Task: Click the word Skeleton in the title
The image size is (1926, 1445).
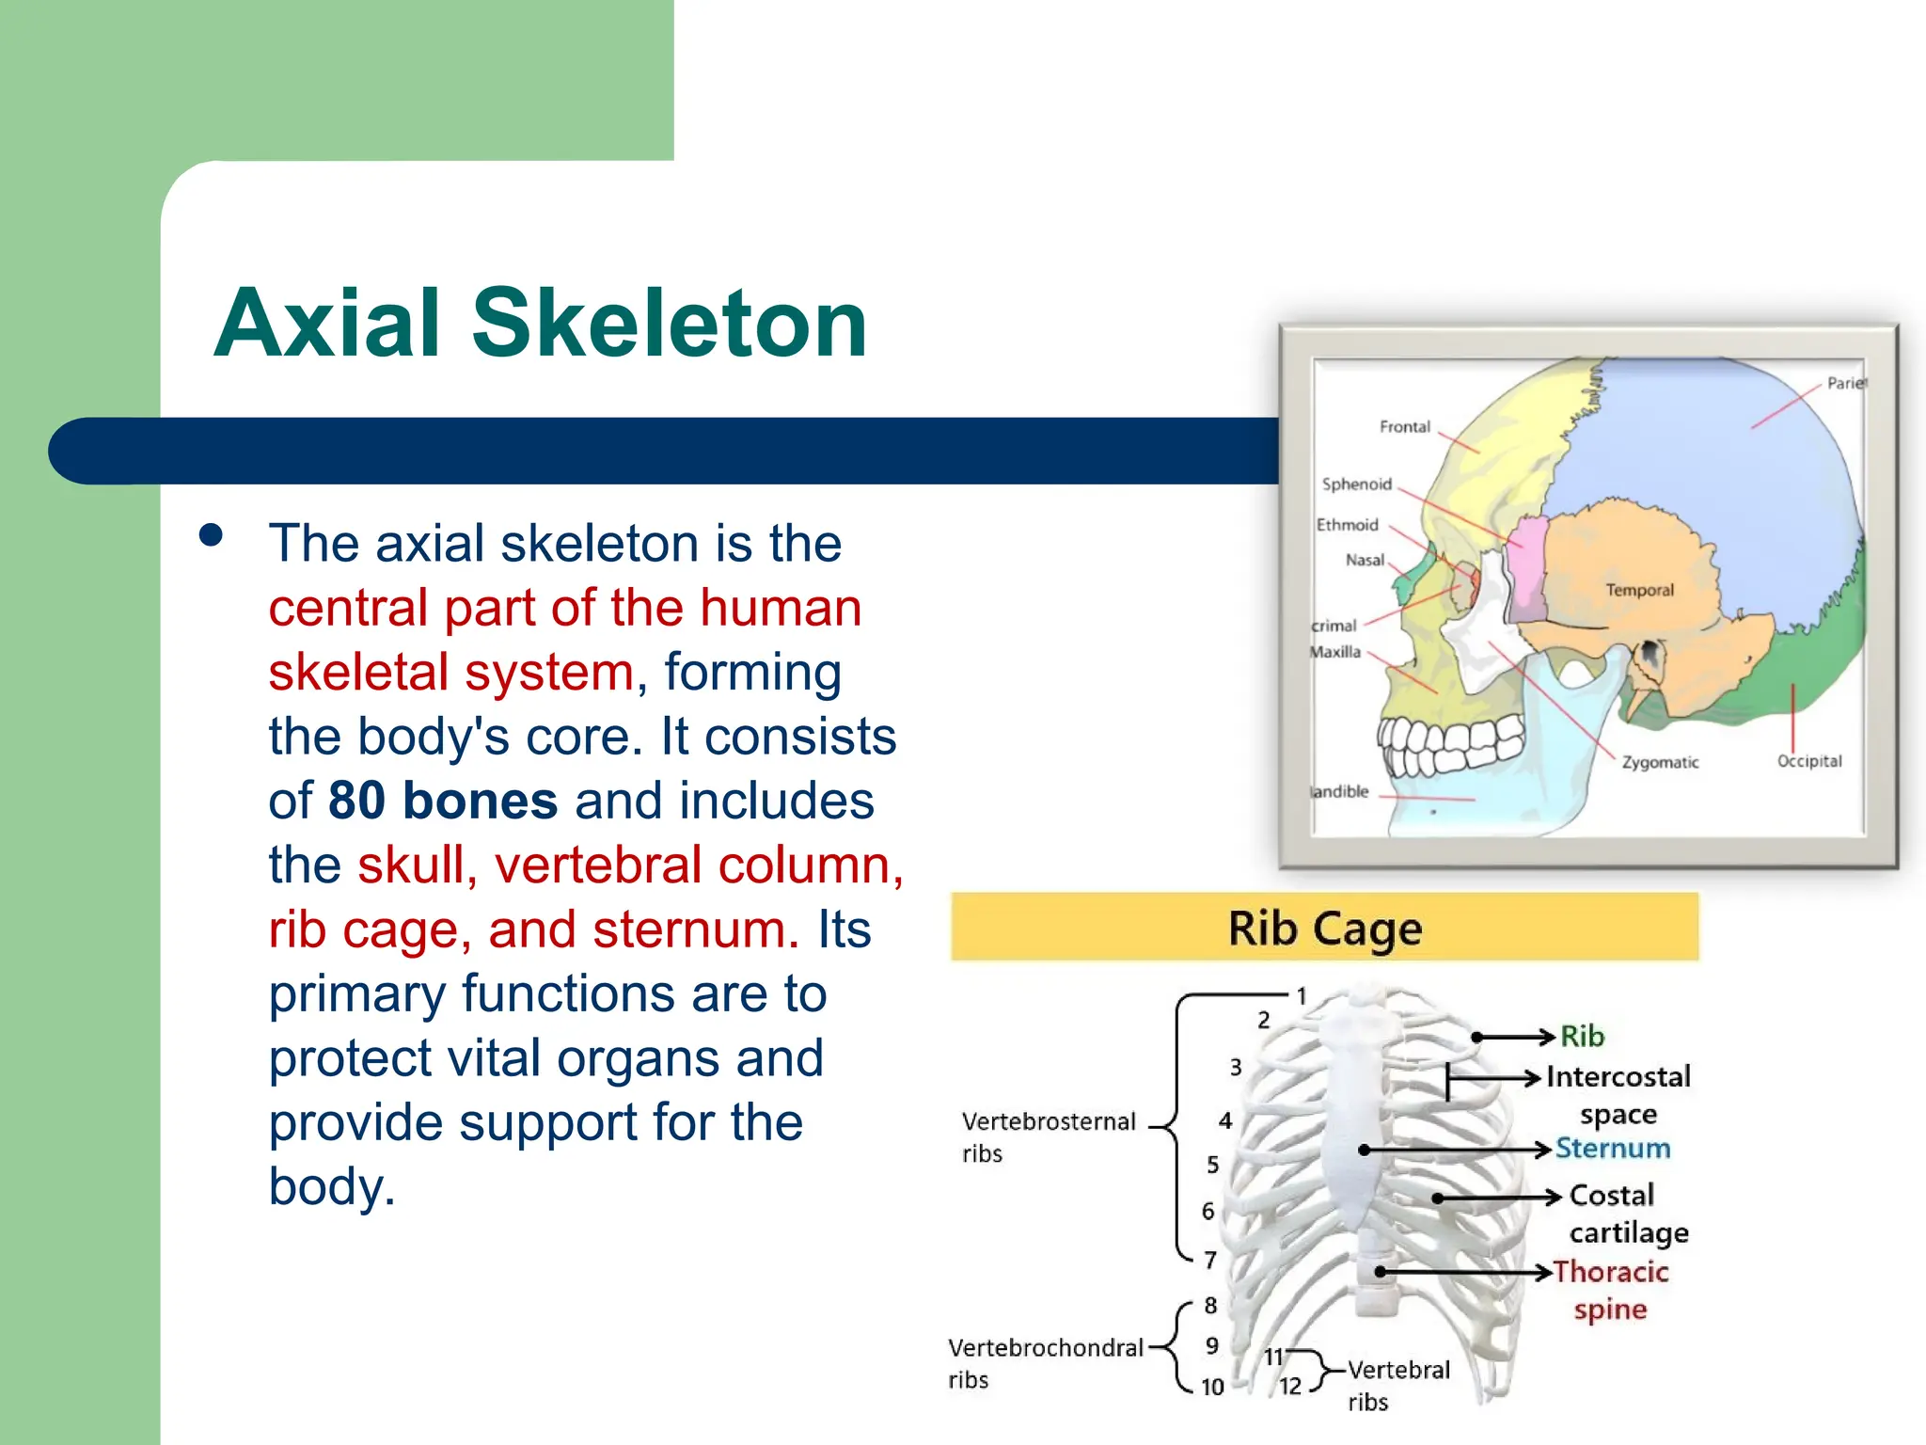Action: click(x=669, y=324)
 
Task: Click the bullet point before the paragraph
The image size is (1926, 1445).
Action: click(x=212, y=535)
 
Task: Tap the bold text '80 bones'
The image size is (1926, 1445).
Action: click(x=443, y=801)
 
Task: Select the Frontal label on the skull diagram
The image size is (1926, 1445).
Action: click(x=1404, y=427)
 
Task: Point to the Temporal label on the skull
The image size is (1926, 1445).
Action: click(x=1639, y=590)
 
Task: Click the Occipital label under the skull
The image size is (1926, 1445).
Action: click(x=1808, y=761)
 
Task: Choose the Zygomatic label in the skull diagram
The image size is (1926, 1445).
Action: click(x=1660, y=762)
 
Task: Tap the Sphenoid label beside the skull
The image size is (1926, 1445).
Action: click(x=1356, y=484)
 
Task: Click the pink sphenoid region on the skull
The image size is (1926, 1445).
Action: click(x=1525, y=569)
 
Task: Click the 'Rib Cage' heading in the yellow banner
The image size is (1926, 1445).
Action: click(x=1324, y=929)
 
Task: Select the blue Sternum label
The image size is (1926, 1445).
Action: click(x=1612, y=1148)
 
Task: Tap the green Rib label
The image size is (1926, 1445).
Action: click(x=1582, y=1036)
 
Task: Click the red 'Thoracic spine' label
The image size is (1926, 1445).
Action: click(x=1610, y=1290)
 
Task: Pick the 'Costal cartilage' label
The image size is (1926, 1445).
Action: click(x=1627, y=1214)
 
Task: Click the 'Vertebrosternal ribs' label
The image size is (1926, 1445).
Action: click(x=1048, y=1136)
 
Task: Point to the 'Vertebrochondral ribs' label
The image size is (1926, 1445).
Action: click(x=1044, y=1362)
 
